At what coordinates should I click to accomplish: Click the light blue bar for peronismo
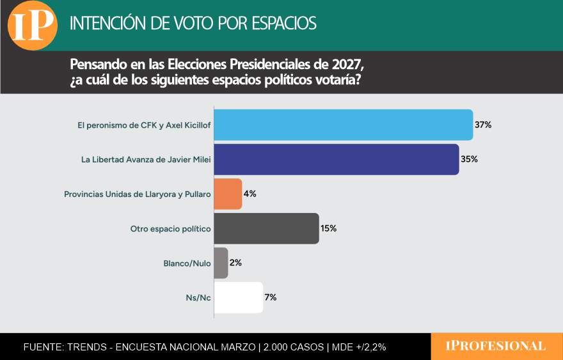343,125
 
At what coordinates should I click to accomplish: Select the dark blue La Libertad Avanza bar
336,159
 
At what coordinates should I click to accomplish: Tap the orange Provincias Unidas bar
228,194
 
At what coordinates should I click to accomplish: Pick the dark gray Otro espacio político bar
266,228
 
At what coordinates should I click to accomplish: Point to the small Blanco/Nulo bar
221,263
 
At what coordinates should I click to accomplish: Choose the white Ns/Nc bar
238,297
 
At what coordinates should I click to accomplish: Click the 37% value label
483,125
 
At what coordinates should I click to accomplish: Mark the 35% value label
469,159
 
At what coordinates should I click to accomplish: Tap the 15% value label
329,228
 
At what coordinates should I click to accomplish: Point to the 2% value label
235,263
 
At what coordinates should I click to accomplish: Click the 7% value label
271,297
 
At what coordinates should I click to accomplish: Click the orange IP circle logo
32,25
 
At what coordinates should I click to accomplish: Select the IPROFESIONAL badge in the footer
496,346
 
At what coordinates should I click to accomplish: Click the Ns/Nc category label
198,297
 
